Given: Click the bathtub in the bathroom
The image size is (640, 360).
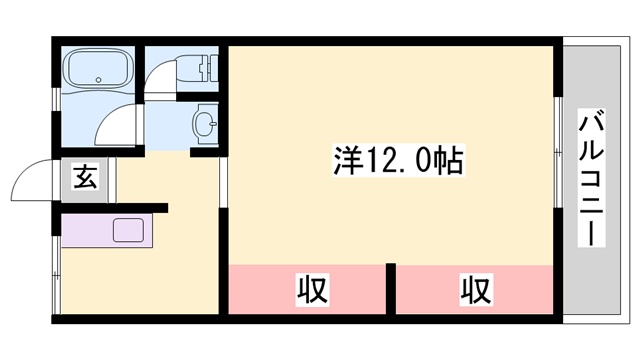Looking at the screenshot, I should pos(96,70).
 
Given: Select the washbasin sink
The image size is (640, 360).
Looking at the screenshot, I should pos(206,124).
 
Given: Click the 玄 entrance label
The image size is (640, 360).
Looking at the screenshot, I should pos(85,180).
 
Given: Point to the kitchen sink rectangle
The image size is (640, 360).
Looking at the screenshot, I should pos(131,230).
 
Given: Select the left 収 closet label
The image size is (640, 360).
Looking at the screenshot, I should pos(313,291).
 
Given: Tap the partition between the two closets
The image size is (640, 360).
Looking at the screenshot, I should pos(391,290).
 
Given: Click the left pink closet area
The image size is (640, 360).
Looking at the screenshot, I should pos(270,290).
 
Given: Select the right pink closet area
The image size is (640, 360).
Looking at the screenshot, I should pos(520,290).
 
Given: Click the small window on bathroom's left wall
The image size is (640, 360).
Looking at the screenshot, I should pos(55,100).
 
